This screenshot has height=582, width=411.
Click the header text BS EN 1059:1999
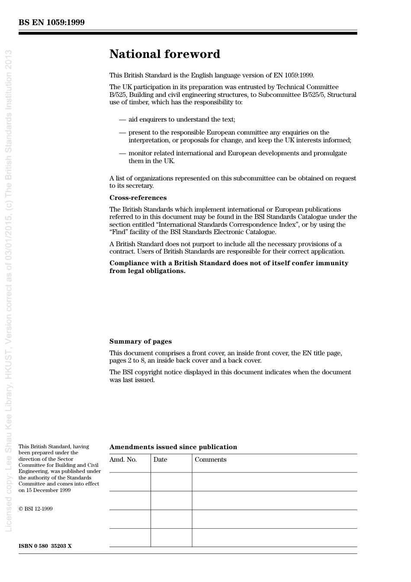51,23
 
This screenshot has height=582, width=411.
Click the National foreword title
164,54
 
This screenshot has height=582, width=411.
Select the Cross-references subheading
138,198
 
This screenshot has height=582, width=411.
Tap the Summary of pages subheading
140,341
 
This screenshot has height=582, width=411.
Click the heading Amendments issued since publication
173,447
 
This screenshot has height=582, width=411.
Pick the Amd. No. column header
123,460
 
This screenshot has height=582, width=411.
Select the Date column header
160,460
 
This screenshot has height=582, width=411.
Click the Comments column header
210,460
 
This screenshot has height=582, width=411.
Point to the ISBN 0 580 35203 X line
45,546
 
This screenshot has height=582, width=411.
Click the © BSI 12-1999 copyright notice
35,509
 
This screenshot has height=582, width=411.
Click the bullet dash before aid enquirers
122,119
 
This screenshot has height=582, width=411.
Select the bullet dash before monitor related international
122,153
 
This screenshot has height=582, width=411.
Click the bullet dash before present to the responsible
122,132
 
